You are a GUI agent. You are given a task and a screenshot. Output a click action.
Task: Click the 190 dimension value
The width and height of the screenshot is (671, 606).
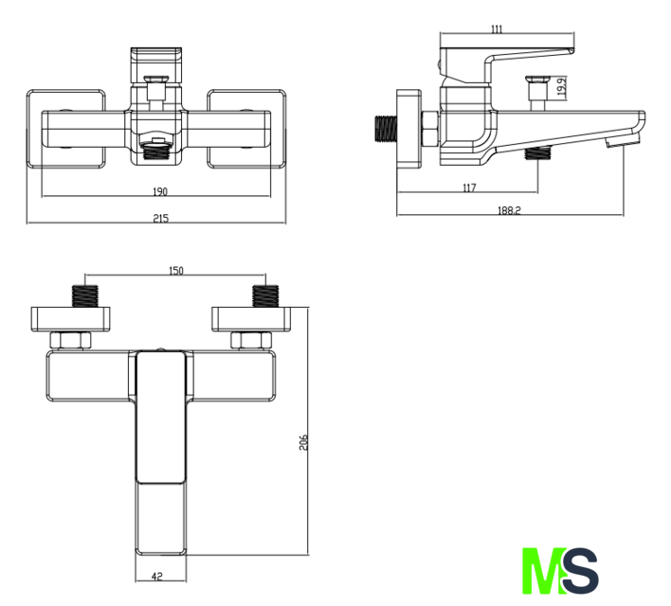point(160,191)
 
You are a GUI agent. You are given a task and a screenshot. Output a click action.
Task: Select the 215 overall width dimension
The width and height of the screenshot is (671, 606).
point(161,218)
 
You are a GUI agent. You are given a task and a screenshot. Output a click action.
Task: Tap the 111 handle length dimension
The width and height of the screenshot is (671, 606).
point(497,29)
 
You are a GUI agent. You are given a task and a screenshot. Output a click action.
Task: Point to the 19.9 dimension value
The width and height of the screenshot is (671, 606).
point(562,86)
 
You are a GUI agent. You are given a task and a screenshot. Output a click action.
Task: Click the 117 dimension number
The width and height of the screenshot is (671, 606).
point(469,187)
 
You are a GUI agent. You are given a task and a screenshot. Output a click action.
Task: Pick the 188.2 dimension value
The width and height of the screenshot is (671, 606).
point(509,210)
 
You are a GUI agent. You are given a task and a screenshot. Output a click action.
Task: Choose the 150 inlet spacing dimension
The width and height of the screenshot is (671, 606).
point(176,271)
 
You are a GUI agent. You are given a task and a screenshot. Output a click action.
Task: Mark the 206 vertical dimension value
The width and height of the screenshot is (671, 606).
point(303,442)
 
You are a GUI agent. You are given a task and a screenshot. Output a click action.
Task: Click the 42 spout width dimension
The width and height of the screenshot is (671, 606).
point(157,576)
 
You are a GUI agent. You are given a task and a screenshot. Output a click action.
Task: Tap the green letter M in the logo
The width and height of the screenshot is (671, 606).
point(543,571)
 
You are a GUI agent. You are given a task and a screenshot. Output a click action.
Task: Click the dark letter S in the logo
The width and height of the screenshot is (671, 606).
point(580,571)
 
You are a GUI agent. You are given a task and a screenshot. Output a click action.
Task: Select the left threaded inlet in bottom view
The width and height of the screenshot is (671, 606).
point(84,296)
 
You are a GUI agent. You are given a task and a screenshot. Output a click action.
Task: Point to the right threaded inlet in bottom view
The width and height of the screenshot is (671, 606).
point(265,296)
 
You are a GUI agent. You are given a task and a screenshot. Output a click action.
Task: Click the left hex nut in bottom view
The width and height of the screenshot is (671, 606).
point(70,341)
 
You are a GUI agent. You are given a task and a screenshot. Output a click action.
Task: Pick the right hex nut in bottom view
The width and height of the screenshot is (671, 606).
point(251,341)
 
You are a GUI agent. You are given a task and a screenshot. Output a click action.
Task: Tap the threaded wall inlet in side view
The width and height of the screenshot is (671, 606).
point(386,128)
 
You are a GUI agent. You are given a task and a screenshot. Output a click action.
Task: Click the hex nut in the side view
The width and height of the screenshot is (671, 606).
point(429,128)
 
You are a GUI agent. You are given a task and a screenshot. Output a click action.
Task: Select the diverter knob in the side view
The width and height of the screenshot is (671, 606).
point(537,93)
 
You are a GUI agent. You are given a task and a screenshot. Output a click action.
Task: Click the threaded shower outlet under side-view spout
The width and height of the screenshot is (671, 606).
point(537,152)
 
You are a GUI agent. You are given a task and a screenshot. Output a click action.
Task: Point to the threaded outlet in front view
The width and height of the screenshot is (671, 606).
point(156,150)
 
